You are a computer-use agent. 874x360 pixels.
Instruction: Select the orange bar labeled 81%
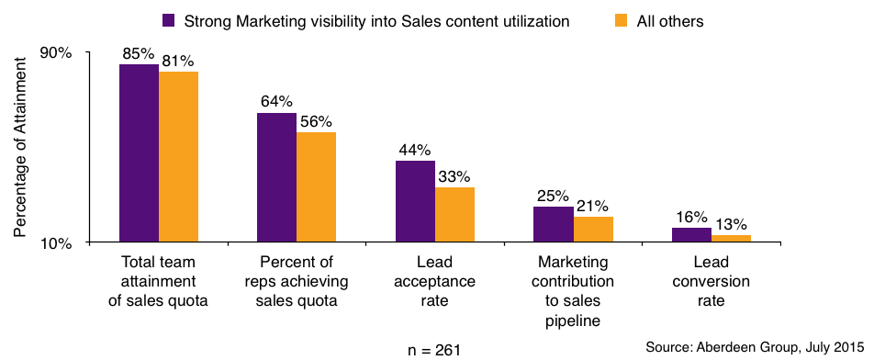click(x=178, y=157)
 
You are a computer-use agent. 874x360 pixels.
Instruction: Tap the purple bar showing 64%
click(x=276, y=177)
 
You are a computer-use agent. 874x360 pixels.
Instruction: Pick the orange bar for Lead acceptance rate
click(x=454, y=215)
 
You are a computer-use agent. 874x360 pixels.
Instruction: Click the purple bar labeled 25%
click(x=554, y=224)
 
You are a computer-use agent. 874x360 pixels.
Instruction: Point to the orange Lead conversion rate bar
click(x=731, y=239)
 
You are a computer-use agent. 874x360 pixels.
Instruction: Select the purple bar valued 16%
click(x=691, y=235)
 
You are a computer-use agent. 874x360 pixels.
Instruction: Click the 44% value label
click(x=414, y=150)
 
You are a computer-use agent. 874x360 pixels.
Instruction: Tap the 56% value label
click(x=316, y=121)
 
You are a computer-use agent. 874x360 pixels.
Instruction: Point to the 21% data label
click(x=592, y=206)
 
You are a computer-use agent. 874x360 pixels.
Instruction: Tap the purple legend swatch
click(x=168, y=19)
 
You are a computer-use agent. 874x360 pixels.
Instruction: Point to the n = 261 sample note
click(x=434, y=350)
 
